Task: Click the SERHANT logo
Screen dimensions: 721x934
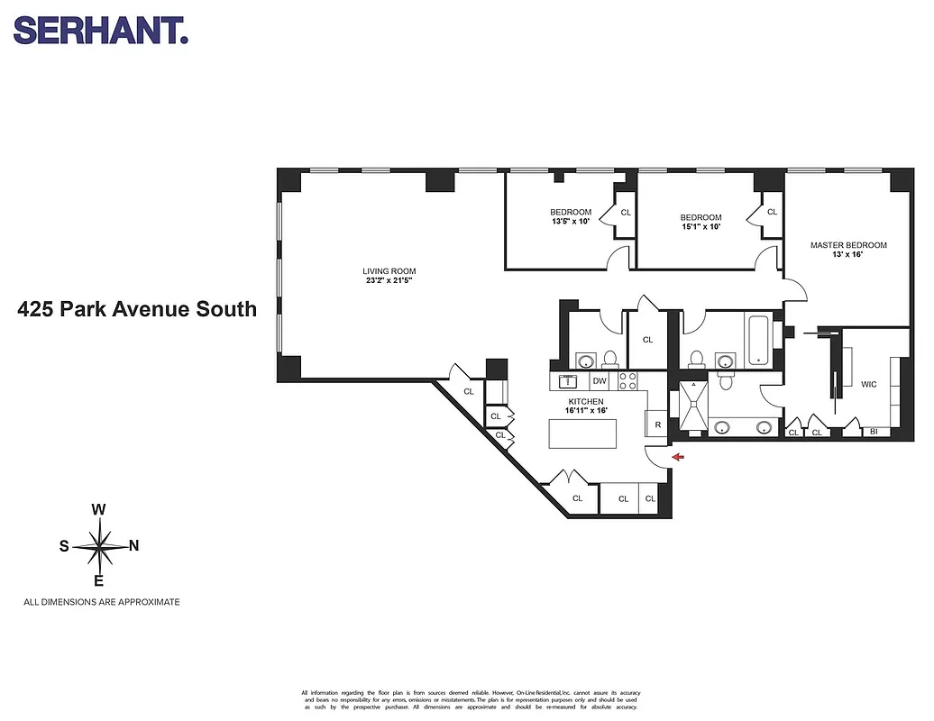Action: pos(100,31)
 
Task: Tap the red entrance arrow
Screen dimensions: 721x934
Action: pos(677,459)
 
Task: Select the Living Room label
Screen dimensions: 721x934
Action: pos(389,271)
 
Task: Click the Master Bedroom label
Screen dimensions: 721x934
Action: pos(847,245)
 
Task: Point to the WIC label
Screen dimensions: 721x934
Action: pos(868,384)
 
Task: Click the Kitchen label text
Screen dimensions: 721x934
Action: pos(585,401)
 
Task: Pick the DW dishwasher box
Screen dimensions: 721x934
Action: pos(599,382)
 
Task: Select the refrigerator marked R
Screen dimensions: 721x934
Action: pos(657,424)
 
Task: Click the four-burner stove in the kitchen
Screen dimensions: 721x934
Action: pos(628,381)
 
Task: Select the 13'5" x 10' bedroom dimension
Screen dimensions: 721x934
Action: pos(570,221)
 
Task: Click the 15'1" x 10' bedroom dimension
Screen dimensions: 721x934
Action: pos(700,226)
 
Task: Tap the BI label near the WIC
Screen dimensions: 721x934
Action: pos(873,433)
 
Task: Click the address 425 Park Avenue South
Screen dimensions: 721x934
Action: pos(137,310)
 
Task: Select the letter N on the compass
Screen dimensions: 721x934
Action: pos(134,545)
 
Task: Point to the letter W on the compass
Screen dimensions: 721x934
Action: pos(99,510)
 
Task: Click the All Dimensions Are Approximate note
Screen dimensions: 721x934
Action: pos(101,602)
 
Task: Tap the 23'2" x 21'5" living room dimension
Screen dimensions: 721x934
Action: pos(389,281)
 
